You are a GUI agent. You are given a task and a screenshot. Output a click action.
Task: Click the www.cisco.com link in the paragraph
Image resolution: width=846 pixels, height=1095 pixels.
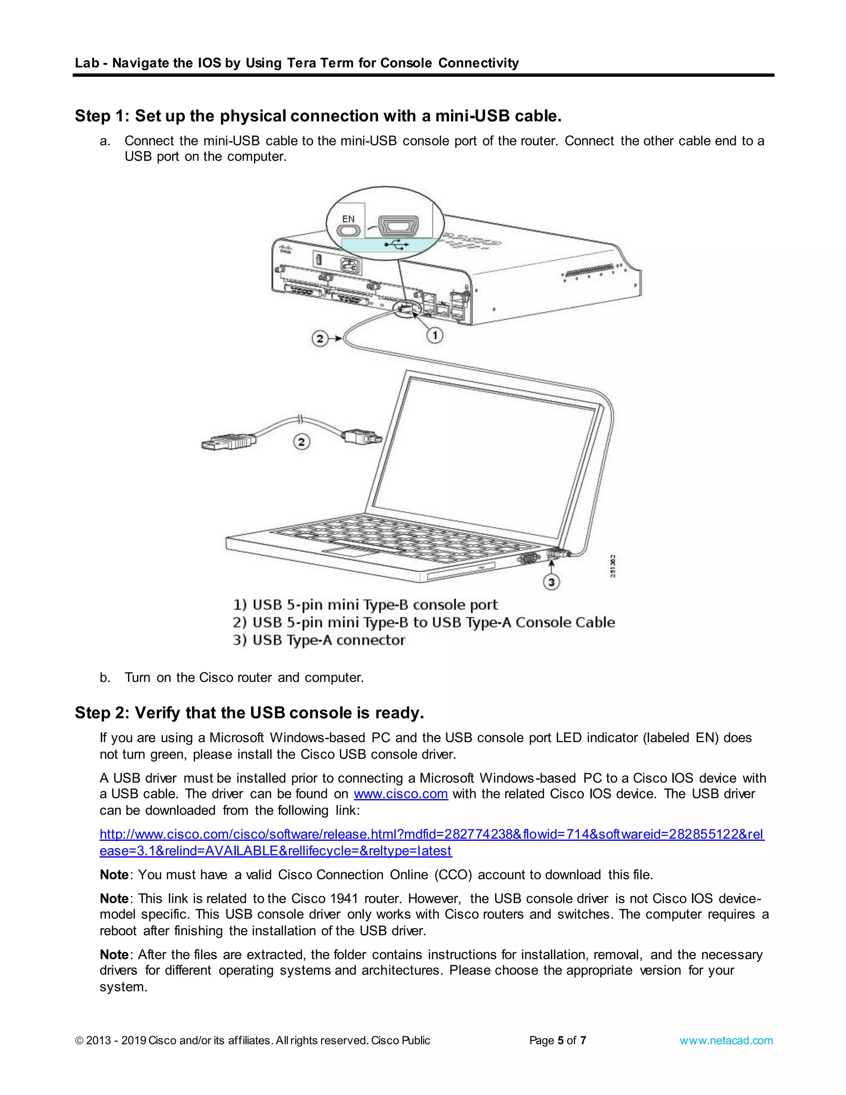(x=400, y=794)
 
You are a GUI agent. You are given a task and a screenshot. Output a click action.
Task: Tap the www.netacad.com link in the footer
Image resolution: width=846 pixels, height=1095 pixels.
(x=726, y=1040)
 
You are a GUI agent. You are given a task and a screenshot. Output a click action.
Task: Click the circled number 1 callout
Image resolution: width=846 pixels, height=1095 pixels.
(x=435, y=335)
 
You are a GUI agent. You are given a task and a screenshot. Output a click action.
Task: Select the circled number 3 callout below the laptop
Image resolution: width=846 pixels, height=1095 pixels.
(x=551, y=582)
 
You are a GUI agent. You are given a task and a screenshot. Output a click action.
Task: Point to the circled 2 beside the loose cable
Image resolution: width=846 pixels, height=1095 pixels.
(x=301, y=442)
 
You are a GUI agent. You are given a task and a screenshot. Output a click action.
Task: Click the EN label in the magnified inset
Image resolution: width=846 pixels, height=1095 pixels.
(x=348, y=219)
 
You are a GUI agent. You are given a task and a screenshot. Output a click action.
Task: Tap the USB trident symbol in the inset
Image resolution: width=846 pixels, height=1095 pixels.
(x=396, y=244)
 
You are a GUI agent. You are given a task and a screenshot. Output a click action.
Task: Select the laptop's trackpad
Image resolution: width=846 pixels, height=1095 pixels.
(x=351, y=552)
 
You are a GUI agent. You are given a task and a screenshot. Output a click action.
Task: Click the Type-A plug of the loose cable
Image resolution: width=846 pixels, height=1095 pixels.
(x=221, y=444)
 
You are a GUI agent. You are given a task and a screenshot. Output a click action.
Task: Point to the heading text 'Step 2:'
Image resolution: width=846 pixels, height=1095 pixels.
(x=102, y=712)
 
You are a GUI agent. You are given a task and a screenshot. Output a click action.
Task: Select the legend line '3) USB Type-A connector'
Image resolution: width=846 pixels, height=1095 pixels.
(x=319, y=640)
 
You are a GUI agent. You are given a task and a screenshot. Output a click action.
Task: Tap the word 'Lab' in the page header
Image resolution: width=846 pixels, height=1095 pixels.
(x=86, y=63)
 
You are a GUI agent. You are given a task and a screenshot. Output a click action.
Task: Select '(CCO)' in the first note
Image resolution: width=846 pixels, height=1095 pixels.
(x=453, y=875)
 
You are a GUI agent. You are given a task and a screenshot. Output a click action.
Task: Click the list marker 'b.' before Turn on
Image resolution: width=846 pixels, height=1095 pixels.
(x=105, y=678)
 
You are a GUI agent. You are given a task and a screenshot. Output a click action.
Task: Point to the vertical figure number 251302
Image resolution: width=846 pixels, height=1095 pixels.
(x=613, y=566)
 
